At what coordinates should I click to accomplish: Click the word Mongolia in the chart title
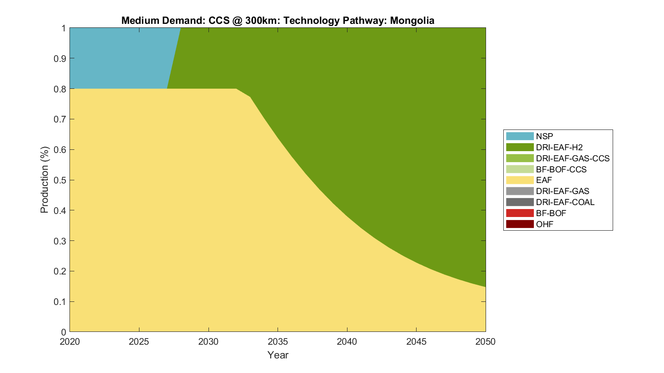[x=412, y=21]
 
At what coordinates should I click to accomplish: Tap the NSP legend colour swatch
[x=520, y=136]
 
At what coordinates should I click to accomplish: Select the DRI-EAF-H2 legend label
[x=559, y=147]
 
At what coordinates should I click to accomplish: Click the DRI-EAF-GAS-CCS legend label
[x=572, y=158]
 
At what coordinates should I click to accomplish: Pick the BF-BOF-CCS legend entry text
[x=561, y=169]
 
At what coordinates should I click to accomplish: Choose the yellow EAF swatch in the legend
[x=520, y=180]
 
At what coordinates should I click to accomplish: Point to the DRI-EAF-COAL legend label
[x=565, y=202]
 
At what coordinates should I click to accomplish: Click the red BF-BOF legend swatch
[x=520, y=213]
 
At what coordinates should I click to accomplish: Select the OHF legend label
[x=544, y=224]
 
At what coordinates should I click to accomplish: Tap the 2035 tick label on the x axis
[x=278, y=342]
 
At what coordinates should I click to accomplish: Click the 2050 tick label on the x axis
[x=485, y=342]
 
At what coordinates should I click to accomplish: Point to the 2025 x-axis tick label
[x=139, y=342]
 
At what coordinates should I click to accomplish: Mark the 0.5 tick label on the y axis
[x=60, y=180]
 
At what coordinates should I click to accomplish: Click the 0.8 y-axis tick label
[x=60, y=89]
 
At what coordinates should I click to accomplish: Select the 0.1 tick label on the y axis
[x=60, y=302]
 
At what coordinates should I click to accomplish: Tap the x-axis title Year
[x=278, y=355]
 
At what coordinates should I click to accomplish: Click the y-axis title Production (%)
[x=44, y=180]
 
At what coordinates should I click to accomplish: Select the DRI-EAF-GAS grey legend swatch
[x=520, y=191]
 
